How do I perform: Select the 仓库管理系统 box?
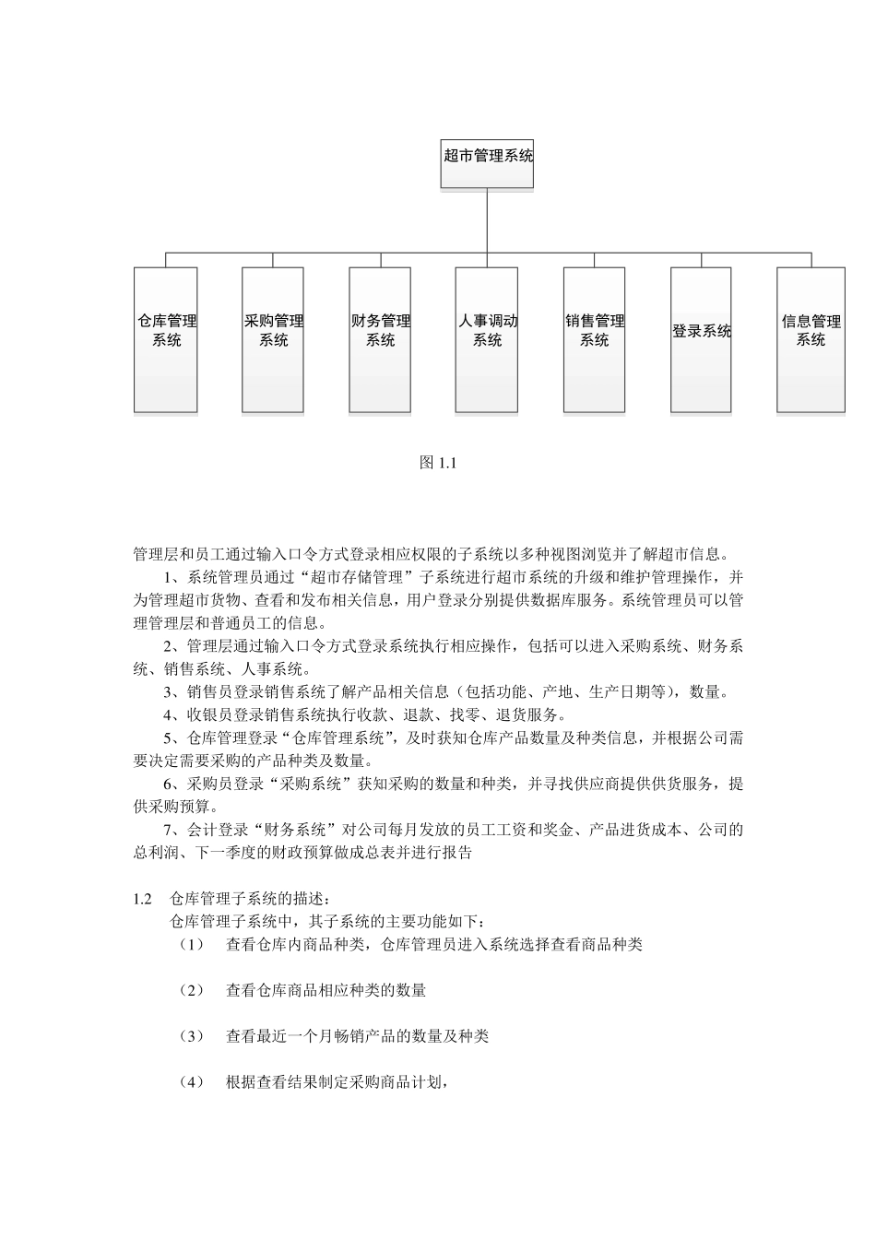click(x=166, y=339)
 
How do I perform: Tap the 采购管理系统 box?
click(x=273, y=339)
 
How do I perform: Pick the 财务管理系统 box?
click(x=380, y=339)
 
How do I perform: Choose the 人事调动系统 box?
click(x=487, y=339)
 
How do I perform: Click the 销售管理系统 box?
click(x=594, y=339)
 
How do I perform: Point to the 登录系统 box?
click(x=701, y=339)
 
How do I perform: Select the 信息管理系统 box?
click(x=811, y=339)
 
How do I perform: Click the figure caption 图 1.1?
click(x=439, y=463)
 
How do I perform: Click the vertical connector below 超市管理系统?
click(x=487, y=219)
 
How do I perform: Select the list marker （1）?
click(x=191, y=945)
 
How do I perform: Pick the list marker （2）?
click(x=191, y=991)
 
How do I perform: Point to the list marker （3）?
click(x=191, y=1037)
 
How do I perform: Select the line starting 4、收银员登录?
click(x=364, y=715)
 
